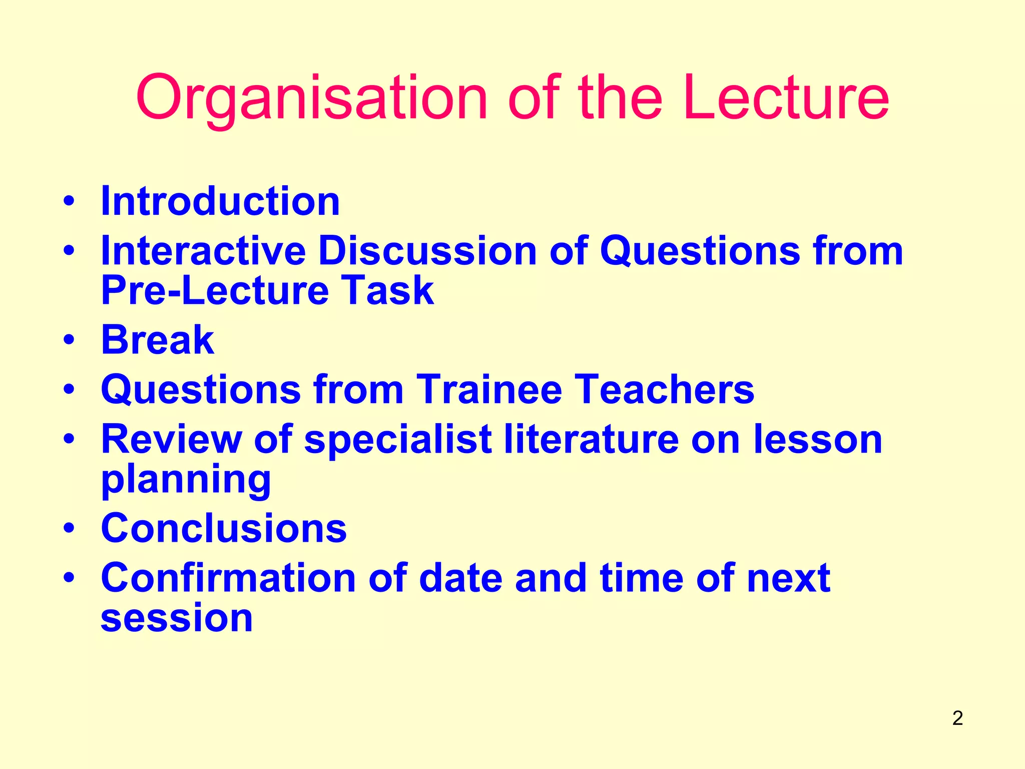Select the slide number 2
pos(957,718)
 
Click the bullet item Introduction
pos(220,201)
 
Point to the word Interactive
pos(203,250)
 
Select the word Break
pos(158,340)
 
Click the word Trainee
pos(489,390)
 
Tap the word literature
pos(591,439)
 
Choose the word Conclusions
pos(224,528)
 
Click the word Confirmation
pos(229,578)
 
